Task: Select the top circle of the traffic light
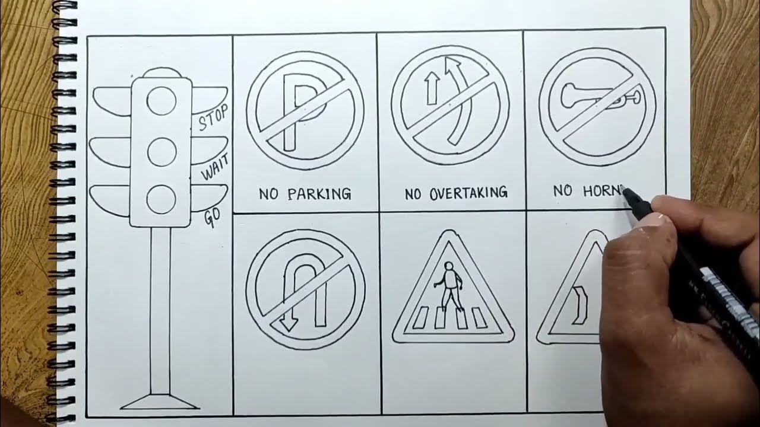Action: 161,101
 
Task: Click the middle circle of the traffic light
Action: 161,152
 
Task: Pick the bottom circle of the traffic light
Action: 161,199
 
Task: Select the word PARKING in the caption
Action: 319,193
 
